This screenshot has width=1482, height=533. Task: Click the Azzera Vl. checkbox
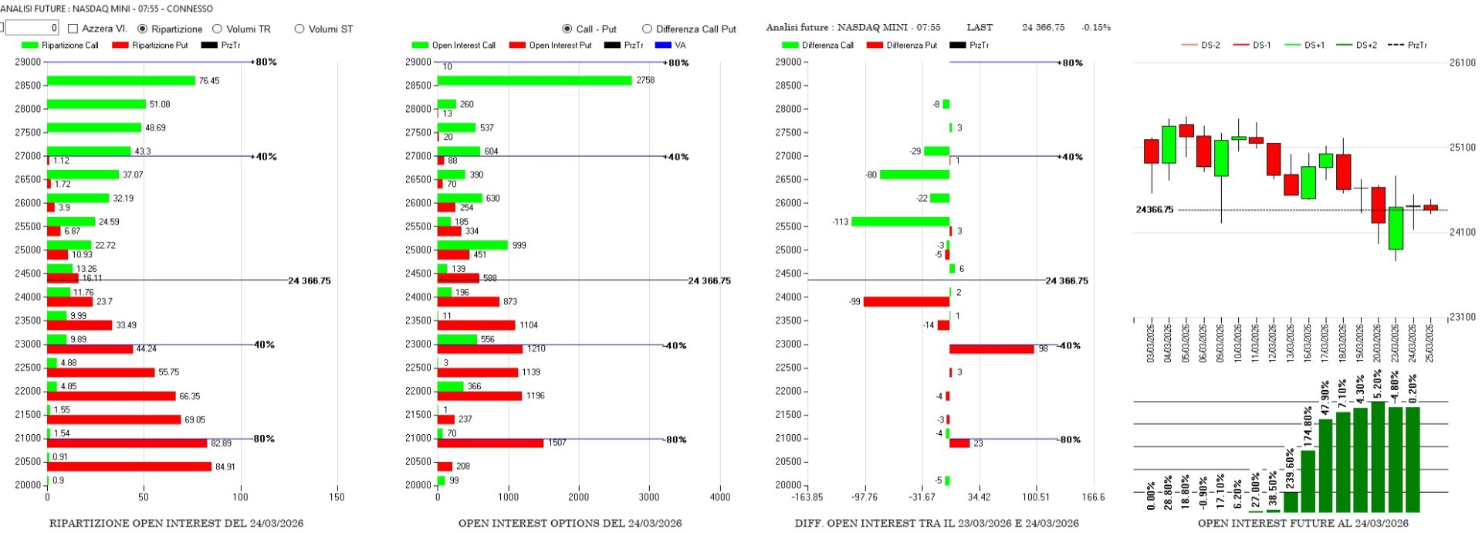[x=73, y=29]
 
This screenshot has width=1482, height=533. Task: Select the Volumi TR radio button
[x=218, y=29]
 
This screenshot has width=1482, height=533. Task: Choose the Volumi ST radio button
[x=299, y=29]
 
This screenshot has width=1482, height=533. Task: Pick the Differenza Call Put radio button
[x=647, y=29]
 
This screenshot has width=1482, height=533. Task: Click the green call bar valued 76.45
[x=121, y=80]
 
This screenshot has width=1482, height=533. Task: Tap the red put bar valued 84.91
[x=129, y=467]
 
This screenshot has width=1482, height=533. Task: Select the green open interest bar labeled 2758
[x=534, y=80]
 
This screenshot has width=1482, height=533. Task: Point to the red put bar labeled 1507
[x=490, y=443]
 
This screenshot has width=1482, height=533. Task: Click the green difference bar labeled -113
[x=900, y=222]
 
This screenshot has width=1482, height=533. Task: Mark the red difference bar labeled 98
[x=991, y=349]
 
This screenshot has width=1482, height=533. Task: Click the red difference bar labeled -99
[x=906, y=301]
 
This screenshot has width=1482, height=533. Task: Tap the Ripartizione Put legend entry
[x=150, y=45]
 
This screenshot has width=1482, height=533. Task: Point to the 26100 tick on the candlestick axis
[x=1462, y=63]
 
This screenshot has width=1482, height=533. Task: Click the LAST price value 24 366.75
[x=1043, y=27]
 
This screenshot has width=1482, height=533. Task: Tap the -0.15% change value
[x=1096, y=27]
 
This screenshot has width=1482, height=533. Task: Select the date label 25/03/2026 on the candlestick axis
[x=1430, y=343]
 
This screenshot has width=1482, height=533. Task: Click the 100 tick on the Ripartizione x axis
[x=240, y=497]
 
